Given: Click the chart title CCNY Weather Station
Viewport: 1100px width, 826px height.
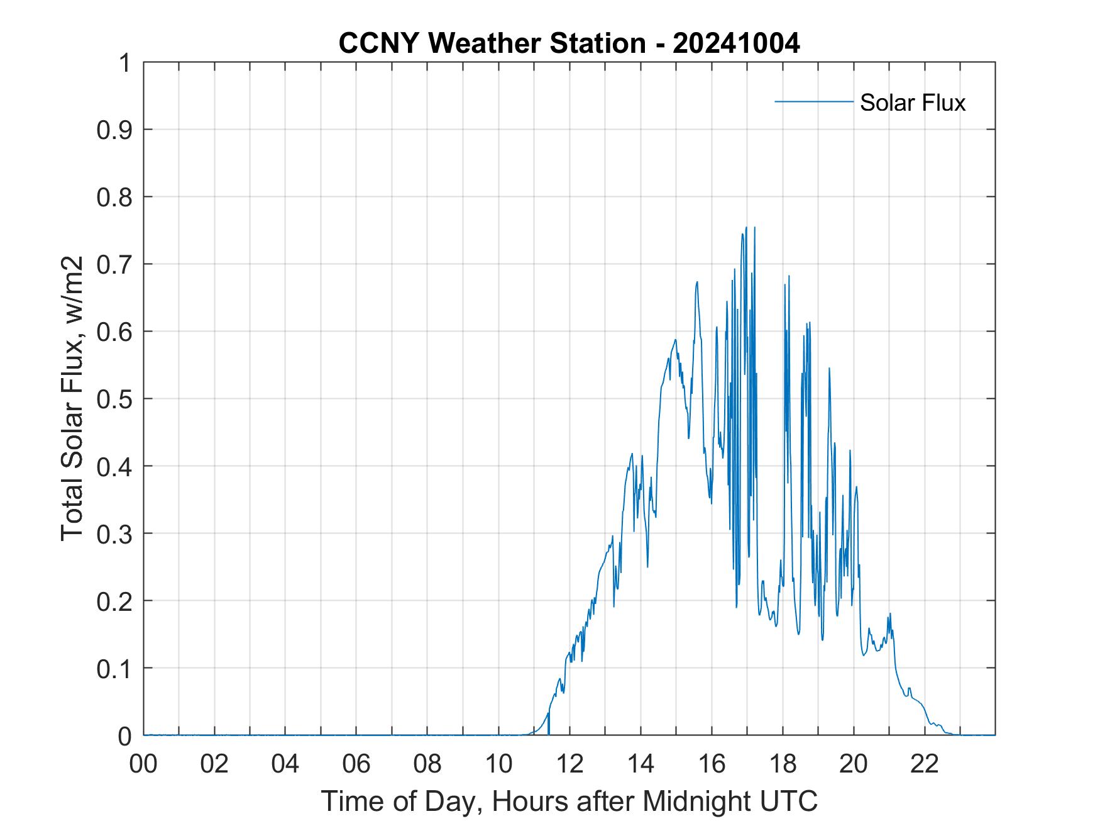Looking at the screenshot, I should [492, 43].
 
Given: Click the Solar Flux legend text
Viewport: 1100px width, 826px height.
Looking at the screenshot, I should [912, 103].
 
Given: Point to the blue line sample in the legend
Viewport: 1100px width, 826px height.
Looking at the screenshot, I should [813, 101].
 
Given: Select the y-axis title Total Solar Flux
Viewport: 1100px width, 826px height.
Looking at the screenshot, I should [73, 399].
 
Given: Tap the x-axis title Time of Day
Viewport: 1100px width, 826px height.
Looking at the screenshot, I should [569, 801].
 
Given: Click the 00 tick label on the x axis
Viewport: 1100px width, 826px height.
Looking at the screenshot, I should [143, 764].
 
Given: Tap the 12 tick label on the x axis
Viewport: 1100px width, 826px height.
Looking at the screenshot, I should [569, 764].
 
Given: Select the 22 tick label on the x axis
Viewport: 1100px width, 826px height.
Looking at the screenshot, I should [925, 764].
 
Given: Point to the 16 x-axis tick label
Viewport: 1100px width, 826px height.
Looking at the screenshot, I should [712, 764].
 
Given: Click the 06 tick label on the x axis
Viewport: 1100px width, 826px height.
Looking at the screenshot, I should [356, 764].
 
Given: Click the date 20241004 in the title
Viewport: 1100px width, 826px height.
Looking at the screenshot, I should [737, 43].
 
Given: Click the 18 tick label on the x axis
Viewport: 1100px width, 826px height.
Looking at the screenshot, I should [783, 764].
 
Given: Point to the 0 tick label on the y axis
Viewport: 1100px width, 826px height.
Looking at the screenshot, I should [126, 735].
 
